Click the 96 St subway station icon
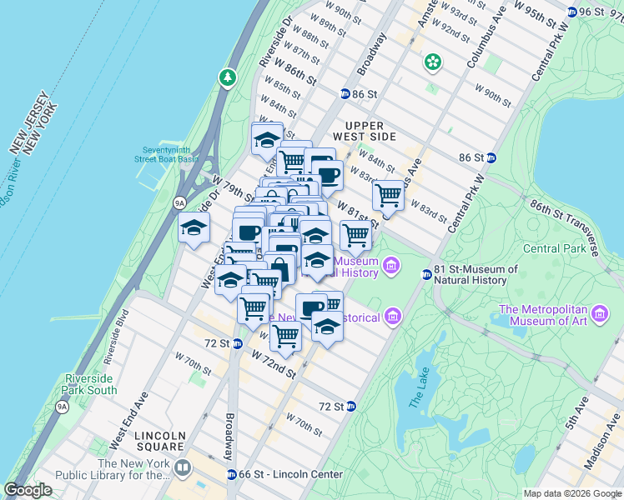tap(572, 12)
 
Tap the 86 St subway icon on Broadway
tap(345, 94)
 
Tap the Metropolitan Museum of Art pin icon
tap(600, 315)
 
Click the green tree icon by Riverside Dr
tap(227, 77)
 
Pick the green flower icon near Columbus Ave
tap(432, 61)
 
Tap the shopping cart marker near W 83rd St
tap(388, 196)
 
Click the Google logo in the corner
tap(28, 489)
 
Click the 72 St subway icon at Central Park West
tap(351, 407)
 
